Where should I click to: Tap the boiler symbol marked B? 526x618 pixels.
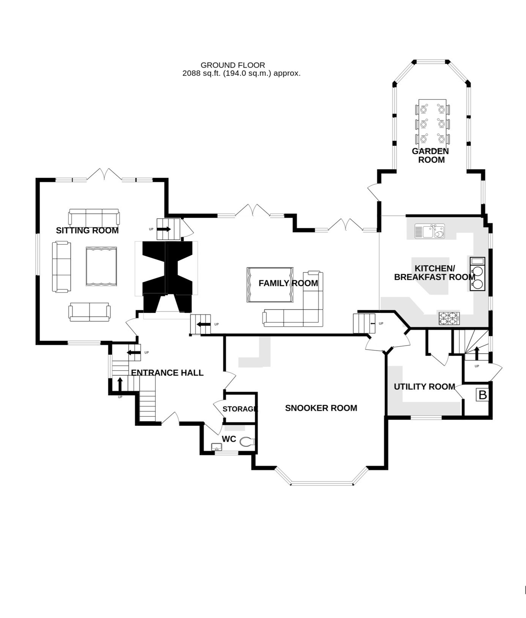coord(482,395)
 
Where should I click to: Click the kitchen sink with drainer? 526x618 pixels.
coord(430,231)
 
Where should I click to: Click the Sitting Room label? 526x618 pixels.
coord(87,231)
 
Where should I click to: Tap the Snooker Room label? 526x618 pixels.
coord(321,408)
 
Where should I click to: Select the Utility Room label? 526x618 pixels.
coord(424,387)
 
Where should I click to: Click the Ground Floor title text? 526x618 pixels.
coord(233,65)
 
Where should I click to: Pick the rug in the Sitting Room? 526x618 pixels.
coord(101,266)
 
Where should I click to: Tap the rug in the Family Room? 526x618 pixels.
coord(270,285)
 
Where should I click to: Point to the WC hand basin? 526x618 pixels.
coord(217,447)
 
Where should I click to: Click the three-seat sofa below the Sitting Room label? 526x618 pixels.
coord(94,217)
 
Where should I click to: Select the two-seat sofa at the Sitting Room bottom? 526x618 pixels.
coord(90,312)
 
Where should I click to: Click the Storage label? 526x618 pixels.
coord(240,409)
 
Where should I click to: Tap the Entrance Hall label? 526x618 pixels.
coord(167,373)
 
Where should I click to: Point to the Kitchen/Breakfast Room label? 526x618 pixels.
coord(435,273)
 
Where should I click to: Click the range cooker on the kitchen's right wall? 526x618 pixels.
coord(477,274)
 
